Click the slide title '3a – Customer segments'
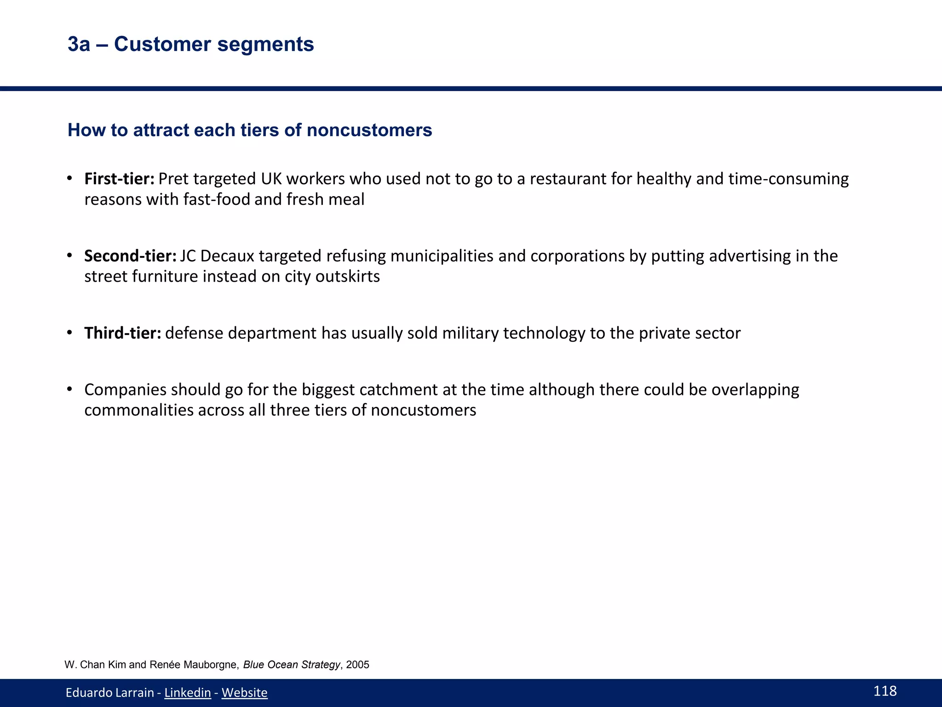click(x=190, y=44)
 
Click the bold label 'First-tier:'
click(x=119, y=179)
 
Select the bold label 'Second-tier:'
click(x=130, y=256)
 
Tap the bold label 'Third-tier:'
click(x=122, y=333)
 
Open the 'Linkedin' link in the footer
click(x=188, y=692)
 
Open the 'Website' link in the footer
click(x=244, y=692)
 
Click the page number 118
click(x=885, y=691)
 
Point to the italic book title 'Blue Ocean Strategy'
click(x=292, y=665)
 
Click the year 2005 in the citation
click(x=358, y=665)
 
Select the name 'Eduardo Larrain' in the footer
click(x=109, y=692)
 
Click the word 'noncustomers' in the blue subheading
click(x=369, y=130)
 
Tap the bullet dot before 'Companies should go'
click(x=69, y=389)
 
